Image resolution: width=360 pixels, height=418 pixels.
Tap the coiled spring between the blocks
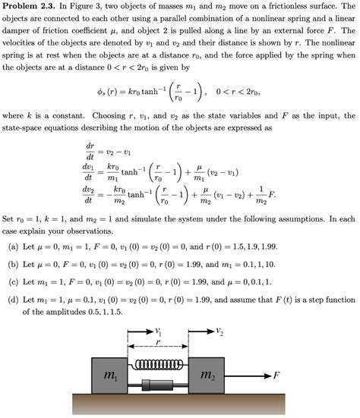pyautogui.click(x=156, y=365)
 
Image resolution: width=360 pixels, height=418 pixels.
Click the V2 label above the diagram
pyautogui.click(x=219, y=330)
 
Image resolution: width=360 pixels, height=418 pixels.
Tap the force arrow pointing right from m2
pyautogui.click(x=251, y=374)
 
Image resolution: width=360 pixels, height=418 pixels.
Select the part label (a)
pyautogui.click(x=13, y=248)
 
